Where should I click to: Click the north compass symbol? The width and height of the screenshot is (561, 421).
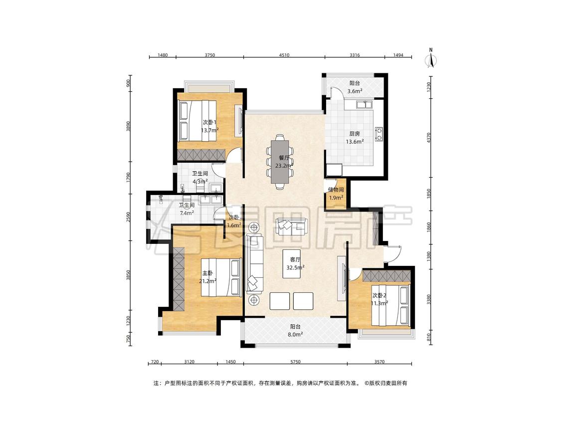431,58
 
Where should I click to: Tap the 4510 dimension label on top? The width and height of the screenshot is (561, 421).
284,55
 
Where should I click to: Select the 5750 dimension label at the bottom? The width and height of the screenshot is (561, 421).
295,362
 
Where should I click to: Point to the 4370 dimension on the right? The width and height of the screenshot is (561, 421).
429,138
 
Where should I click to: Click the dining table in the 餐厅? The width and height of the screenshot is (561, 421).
280,161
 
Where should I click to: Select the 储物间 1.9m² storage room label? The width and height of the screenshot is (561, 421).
336,194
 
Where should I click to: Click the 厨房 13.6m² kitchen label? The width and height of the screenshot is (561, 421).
355,138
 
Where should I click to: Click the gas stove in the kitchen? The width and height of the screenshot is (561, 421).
378,133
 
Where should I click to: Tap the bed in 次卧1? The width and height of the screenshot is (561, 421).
197,120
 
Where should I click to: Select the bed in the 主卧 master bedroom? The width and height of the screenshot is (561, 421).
220,277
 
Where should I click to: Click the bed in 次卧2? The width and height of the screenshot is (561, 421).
390,305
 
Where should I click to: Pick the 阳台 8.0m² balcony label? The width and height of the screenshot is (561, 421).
295,330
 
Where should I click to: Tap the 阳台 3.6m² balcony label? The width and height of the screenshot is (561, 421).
355,87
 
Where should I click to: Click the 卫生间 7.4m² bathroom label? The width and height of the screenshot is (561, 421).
187,209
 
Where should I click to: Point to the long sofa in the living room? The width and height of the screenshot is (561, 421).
254,264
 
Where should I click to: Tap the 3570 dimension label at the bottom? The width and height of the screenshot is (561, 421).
379,362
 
